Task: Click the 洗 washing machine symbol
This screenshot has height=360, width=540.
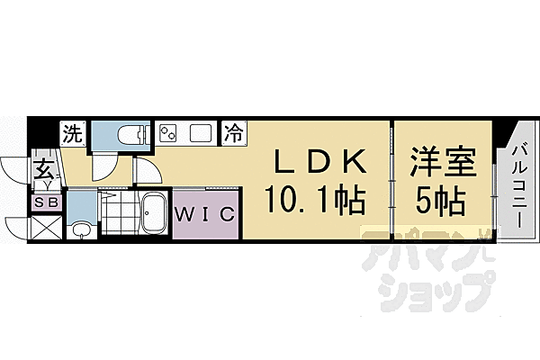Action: tap(72, 134)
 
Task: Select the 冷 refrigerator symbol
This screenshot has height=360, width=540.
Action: tap(233, 134)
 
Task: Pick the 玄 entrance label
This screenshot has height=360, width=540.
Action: tap(44, 167)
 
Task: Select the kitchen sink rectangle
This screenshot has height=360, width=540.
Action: tap(200, 134)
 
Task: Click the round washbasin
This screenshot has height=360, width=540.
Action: tap(81, 229)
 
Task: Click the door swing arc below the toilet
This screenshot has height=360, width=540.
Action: tap(106, 166)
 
